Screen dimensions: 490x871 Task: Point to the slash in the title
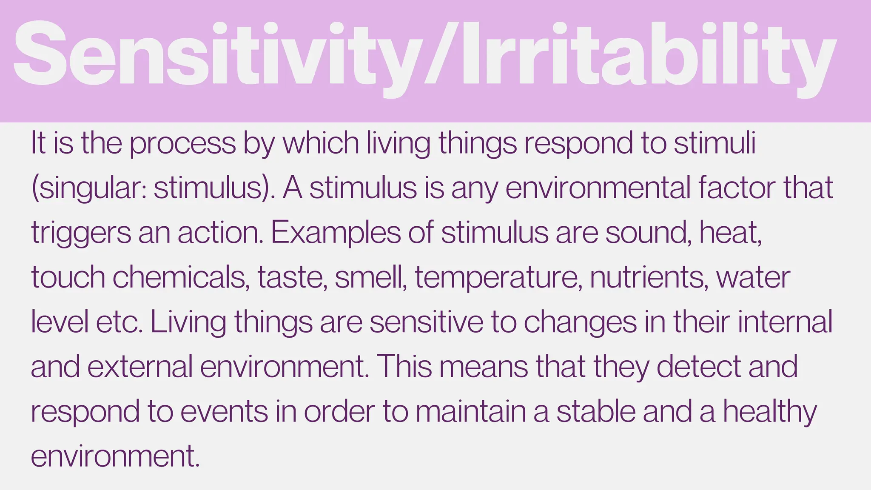click(438, 55)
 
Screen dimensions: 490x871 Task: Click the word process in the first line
click(182, 144)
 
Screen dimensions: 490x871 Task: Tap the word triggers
click(81, 234)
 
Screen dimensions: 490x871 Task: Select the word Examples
click(336, 234)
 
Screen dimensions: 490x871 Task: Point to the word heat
click(730, 233)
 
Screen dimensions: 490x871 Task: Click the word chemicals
click(181, 278)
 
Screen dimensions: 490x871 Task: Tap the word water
click(753, 278)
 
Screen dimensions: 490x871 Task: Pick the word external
click(140, 367)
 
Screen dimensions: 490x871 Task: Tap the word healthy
click(770, 412)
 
